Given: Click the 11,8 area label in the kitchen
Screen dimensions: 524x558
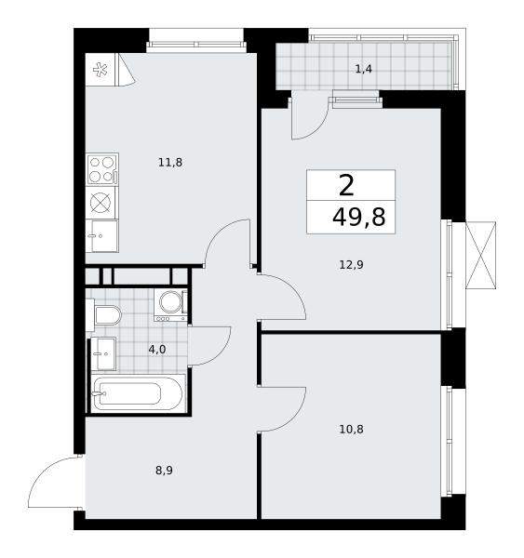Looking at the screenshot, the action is tap(170, 163).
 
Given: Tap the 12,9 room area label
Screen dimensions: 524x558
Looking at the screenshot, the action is tap(351, 265).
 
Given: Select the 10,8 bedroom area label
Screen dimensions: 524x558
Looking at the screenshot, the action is tap(351, 430).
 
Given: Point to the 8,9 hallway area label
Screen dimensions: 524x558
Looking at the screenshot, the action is tap(164, 471).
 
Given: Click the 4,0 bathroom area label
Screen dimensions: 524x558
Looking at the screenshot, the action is tap(157, 350).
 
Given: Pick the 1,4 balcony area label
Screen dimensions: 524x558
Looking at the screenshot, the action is tap(363, 69).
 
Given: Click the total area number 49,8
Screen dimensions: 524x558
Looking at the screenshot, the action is tap(358, 218).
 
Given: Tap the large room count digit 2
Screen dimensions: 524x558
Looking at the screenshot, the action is tap(346, 186).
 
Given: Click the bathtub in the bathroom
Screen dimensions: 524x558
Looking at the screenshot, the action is tap(139, 393).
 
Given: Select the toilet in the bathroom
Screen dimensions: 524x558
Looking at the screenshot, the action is tap(106, 315).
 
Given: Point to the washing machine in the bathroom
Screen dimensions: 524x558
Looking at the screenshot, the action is tap(170, 305).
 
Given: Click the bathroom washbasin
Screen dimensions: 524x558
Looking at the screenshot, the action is tap(103, 353).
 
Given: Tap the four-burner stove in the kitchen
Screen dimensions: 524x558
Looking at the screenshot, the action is tap(102, 169).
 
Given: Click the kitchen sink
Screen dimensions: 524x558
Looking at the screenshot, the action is tap(102, 236).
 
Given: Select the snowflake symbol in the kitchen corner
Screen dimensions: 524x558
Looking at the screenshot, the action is tap(101, 70).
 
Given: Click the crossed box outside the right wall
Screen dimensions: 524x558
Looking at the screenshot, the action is tap(480, 255).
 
